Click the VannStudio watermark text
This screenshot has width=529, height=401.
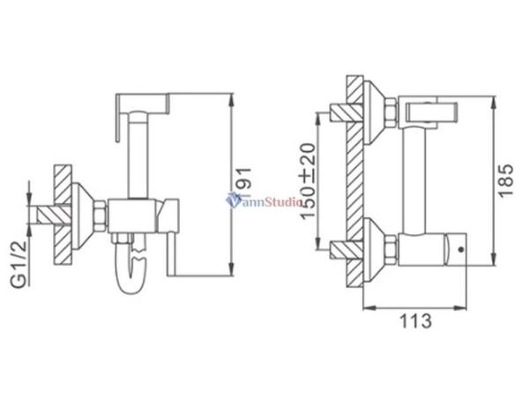[264, 201]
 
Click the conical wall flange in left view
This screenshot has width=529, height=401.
[85, 212]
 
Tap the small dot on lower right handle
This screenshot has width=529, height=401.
[461, 249]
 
